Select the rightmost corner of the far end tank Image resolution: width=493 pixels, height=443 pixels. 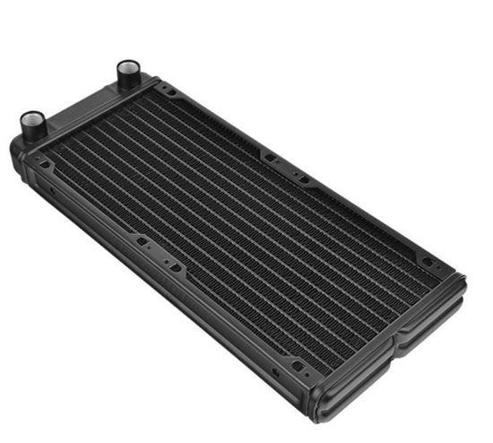(x=463, y=285)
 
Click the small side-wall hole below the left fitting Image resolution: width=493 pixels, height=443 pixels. (x=51, y=194)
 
